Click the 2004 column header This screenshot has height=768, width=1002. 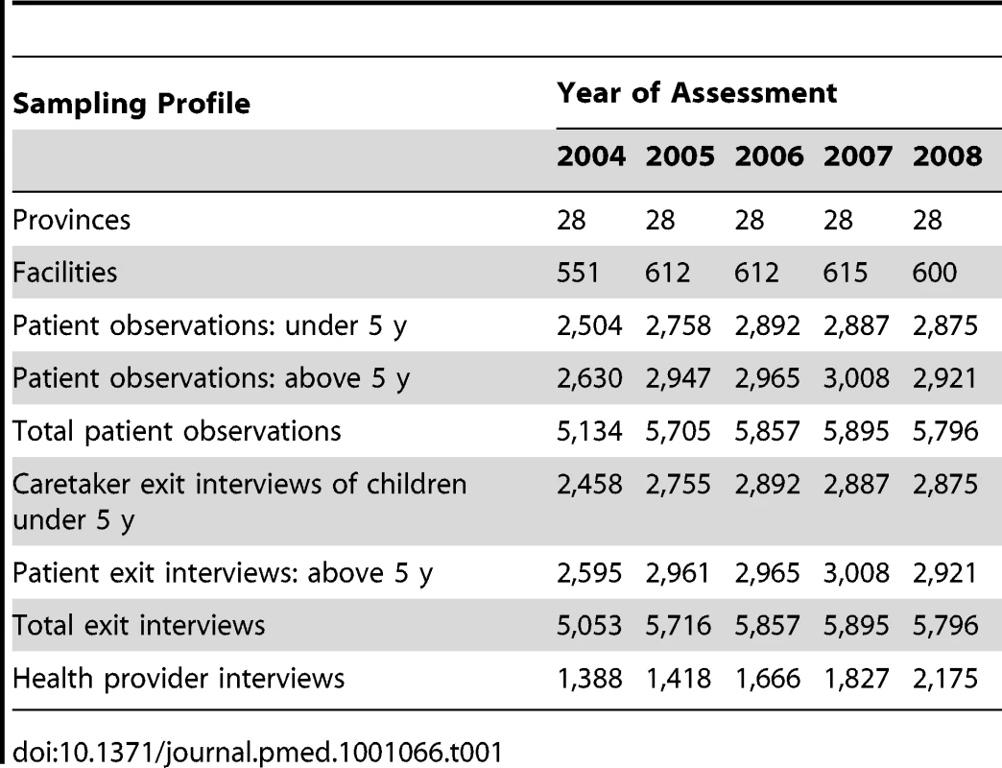[x=590, y=156]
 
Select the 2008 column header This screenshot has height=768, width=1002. [x=947, y=156]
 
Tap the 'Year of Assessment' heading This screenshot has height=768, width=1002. [x=697, y=93]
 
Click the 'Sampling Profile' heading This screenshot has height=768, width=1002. [x=131, y=104]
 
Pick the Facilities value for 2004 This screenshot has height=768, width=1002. [x=578, y=273]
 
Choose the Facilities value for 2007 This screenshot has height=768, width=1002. [x=845, y=273]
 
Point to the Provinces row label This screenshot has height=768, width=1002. [x=72, y=221]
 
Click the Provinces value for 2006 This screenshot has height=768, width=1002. [x=749, y=221]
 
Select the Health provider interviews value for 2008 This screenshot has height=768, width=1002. [x=945, y=679]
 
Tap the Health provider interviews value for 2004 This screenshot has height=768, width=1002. [x=589, y=679]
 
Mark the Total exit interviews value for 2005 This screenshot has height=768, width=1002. [x=678, y=626]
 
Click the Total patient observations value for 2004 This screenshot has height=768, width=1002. [x=589, y=431]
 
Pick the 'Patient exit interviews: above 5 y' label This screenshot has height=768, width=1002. [x=223, y=573]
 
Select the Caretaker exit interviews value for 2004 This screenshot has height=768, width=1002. [x=589, y=484]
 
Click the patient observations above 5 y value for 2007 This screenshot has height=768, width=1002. [x=856, y=378]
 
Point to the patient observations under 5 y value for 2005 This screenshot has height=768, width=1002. [x=678, y=325]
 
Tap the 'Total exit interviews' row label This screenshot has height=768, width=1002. [x=138, y=626]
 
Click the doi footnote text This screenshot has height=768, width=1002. [x=257, y=752]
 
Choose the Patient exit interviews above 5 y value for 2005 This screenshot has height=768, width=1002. [x=678, y=573]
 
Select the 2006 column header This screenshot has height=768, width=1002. [x=769, y=156]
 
